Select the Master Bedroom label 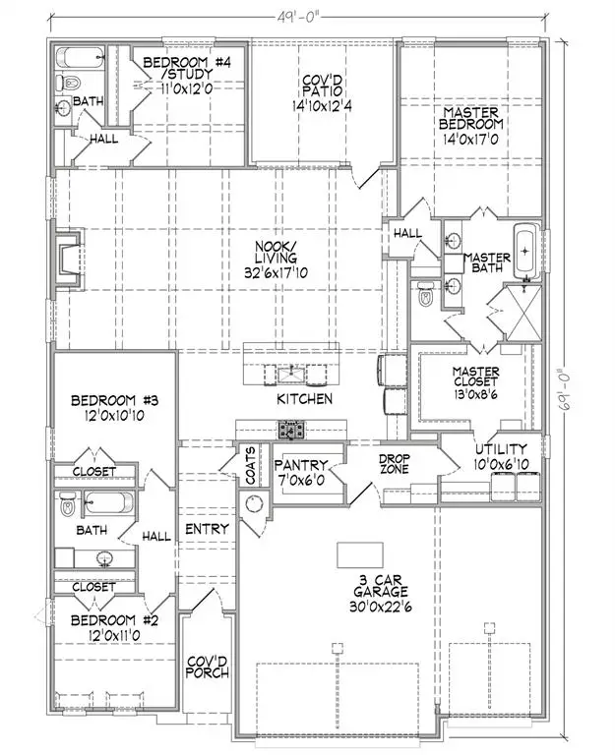coord(470,126)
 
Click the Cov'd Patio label coord(322,93)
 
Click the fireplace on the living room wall coord(68,260)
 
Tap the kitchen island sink coord(290,374)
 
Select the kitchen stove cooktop coord(290,430)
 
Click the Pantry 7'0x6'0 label coord(301,472)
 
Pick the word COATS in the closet coord(251,466)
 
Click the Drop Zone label coord(395,463)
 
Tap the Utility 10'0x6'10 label coord(501,456)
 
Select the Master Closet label coord(475,382)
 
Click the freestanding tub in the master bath coord(527,251)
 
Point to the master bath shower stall coord(523,313)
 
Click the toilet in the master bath coord(425,294)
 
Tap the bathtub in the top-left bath coord(81,57)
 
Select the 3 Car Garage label coord(381,593)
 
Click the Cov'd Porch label coord(208,667)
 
